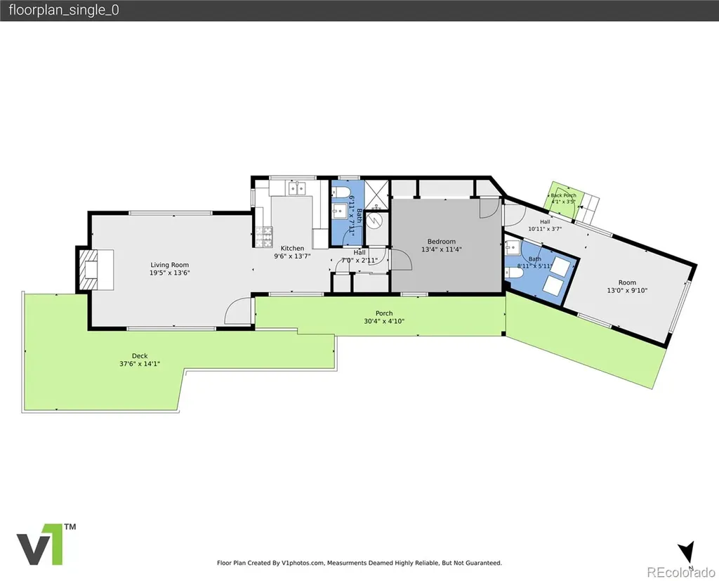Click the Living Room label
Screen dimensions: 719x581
[x=170, y=265]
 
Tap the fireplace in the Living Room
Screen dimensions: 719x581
[x=96, y=270]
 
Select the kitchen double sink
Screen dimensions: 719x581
[x=297, y=188]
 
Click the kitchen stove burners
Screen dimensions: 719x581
[x=264, y=237]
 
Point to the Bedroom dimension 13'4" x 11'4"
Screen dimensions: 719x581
[x=442, y=249]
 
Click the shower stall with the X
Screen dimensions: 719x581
[x=376, y=192]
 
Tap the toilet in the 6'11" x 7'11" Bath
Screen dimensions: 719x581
[x=341, y=192]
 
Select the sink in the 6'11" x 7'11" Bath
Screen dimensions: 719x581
[x=339, y=211]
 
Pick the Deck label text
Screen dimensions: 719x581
[x=140, y=355]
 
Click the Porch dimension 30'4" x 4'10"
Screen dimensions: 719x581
[x=384, y=321]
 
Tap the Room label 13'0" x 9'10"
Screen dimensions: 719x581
[x=627, y=287]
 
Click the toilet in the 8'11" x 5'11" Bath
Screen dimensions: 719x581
[x=515, y=273]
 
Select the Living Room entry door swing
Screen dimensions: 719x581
[x=237, y=311]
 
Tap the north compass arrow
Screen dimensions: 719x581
[x=687, y=551]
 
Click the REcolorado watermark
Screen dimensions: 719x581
[x=681, y=572]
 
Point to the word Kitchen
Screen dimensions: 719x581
[x=293, y=248]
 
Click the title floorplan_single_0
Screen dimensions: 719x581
[x=64, y=10]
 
